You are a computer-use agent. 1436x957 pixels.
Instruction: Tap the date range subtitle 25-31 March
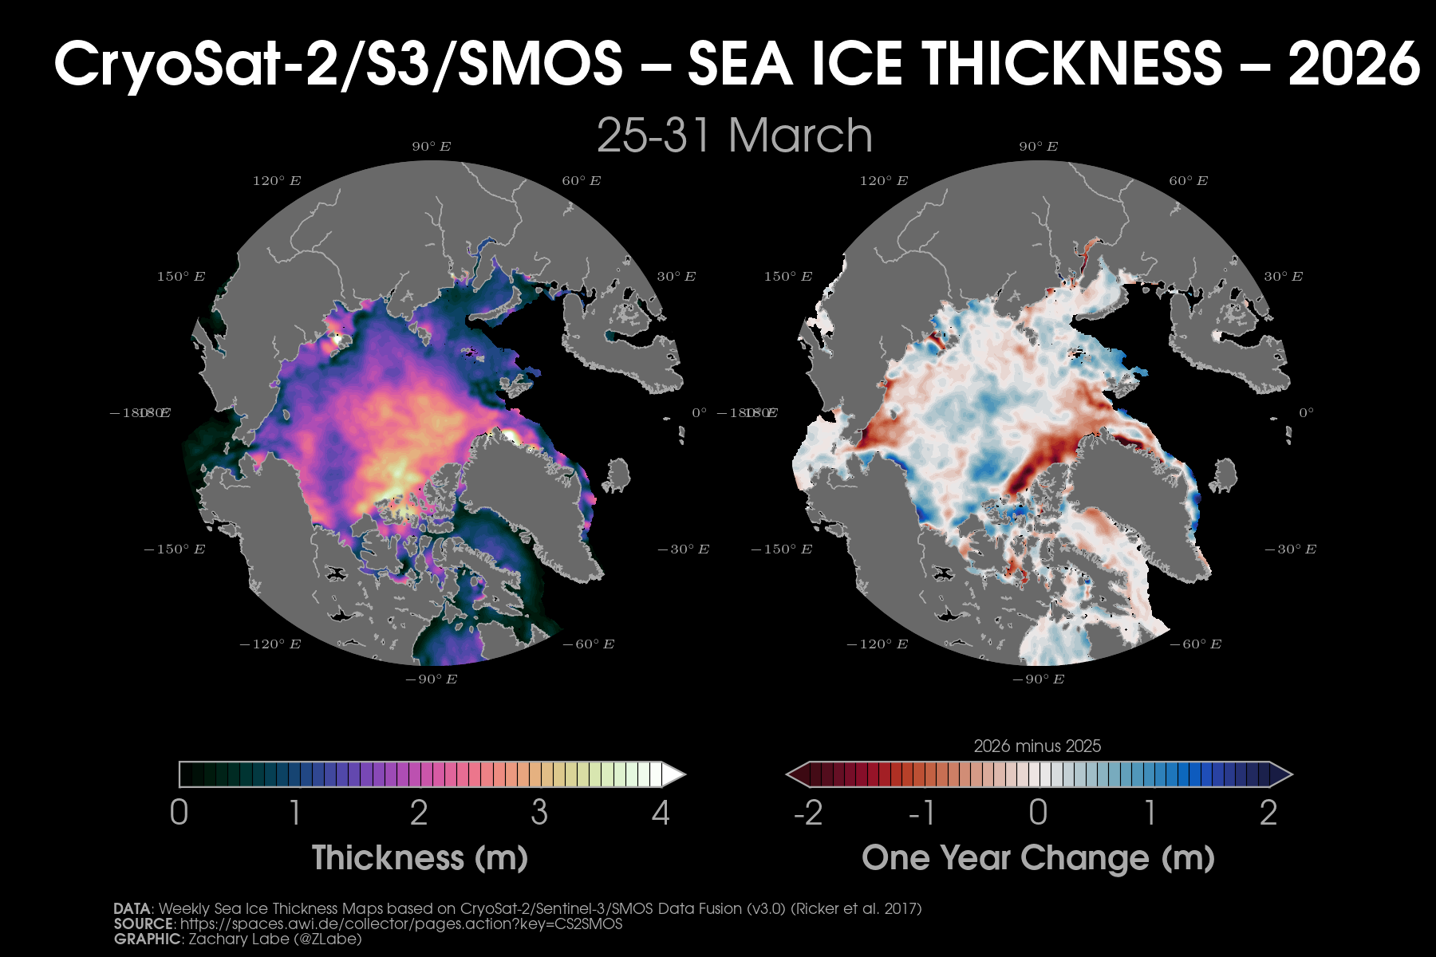click(x=734, y=135)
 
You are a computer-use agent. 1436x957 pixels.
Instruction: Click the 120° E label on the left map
click(x=277, y=181)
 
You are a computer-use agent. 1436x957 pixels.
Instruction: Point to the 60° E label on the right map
click(x=1188, y=181)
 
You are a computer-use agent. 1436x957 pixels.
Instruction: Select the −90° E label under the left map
click(x=431, y=679)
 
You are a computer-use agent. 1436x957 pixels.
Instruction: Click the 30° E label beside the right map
click(x=1283, y=277)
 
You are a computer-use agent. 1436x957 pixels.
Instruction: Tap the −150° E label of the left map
click(x=174, y=549)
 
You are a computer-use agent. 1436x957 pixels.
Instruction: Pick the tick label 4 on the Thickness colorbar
click(x=661, y=813)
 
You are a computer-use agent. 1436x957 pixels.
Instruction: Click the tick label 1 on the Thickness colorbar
click(x=296, y=813)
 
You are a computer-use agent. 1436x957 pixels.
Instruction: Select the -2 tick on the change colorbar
click(x=807, y=813)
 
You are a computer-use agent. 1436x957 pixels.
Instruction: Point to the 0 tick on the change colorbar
click(x=1038, y=813)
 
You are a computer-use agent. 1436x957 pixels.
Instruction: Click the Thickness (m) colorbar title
click(x=420, y=858)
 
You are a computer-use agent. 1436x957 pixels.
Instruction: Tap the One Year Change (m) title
click(x=1038, y=858)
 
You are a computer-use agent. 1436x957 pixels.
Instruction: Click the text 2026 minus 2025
click(x=1037, y=746)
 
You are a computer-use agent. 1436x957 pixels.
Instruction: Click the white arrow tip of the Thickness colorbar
click(x=674, y=774)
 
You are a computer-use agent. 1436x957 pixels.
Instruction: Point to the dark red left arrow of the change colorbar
click(x=797, y=774)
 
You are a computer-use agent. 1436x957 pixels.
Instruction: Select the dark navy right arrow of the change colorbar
click(x=1280, y=774)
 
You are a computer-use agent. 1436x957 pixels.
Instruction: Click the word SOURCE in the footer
click(x=144, y=924)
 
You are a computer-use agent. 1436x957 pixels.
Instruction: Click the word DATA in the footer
click(x=132, y=908)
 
